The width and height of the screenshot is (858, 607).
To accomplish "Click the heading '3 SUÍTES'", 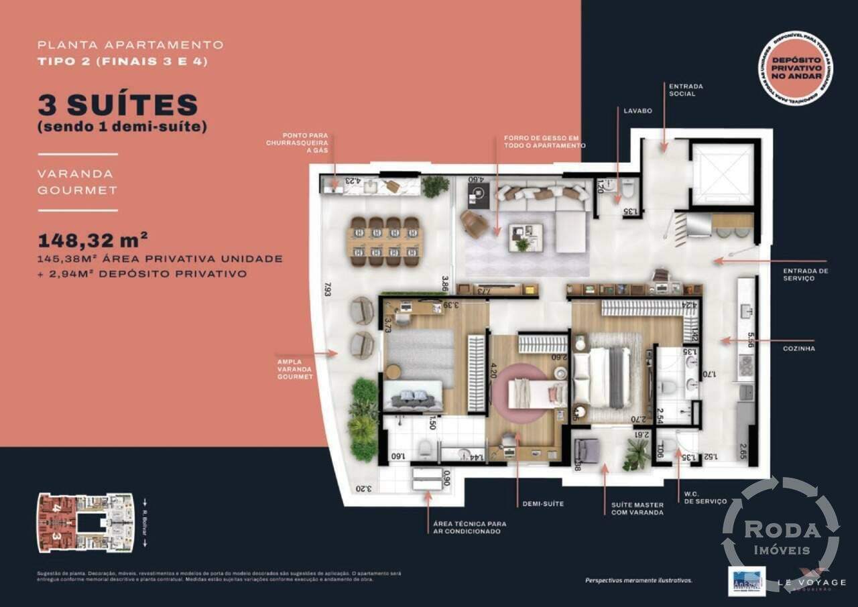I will point(119,105).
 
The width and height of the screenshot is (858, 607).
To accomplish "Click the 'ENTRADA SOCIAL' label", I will point(682,90).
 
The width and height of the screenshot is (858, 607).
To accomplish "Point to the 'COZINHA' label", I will point(798,348).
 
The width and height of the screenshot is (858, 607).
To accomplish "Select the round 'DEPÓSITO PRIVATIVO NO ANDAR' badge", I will point(796,69).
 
